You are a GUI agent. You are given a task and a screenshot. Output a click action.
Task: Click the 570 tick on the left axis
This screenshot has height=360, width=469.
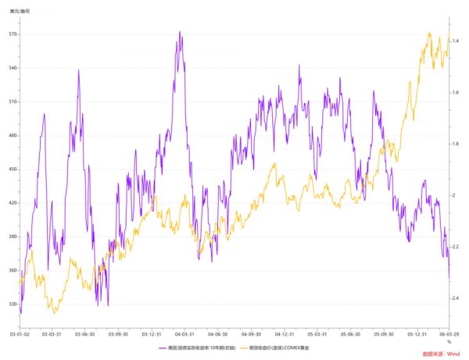(12, 35)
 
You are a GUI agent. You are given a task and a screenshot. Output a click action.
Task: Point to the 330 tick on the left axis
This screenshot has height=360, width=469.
(12, 304)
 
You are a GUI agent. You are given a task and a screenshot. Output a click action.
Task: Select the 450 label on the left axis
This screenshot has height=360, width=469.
(12, 169)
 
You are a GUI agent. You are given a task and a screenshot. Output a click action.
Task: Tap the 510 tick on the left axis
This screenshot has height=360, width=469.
(12, 102)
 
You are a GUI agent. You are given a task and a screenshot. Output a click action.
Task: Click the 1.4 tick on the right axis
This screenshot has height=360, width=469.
(455, 41)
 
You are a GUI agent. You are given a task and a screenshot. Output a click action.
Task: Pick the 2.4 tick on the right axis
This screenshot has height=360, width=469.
(455, 298)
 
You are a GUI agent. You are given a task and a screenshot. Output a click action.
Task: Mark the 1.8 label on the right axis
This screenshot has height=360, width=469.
(455, 144)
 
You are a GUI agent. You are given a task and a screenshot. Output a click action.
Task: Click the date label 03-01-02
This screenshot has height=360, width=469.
(19, 333)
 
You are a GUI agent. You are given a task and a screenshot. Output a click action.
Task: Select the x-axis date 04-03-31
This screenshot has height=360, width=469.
(184, 333)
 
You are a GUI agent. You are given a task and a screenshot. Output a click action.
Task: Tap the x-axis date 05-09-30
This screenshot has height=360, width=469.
(384, 333)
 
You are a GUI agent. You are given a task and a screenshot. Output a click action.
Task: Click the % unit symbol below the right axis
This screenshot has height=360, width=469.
(449, 341)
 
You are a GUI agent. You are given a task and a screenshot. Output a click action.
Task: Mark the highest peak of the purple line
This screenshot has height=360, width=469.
(180, 32)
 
